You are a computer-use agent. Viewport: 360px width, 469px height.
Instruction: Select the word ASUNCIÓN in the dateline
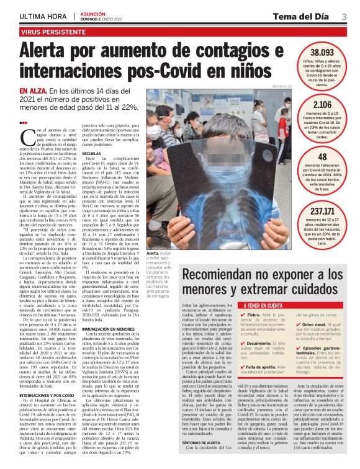(94, 13)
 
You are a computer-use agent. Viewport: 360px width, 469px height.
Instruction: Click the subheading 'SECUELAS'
(91, 153)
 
